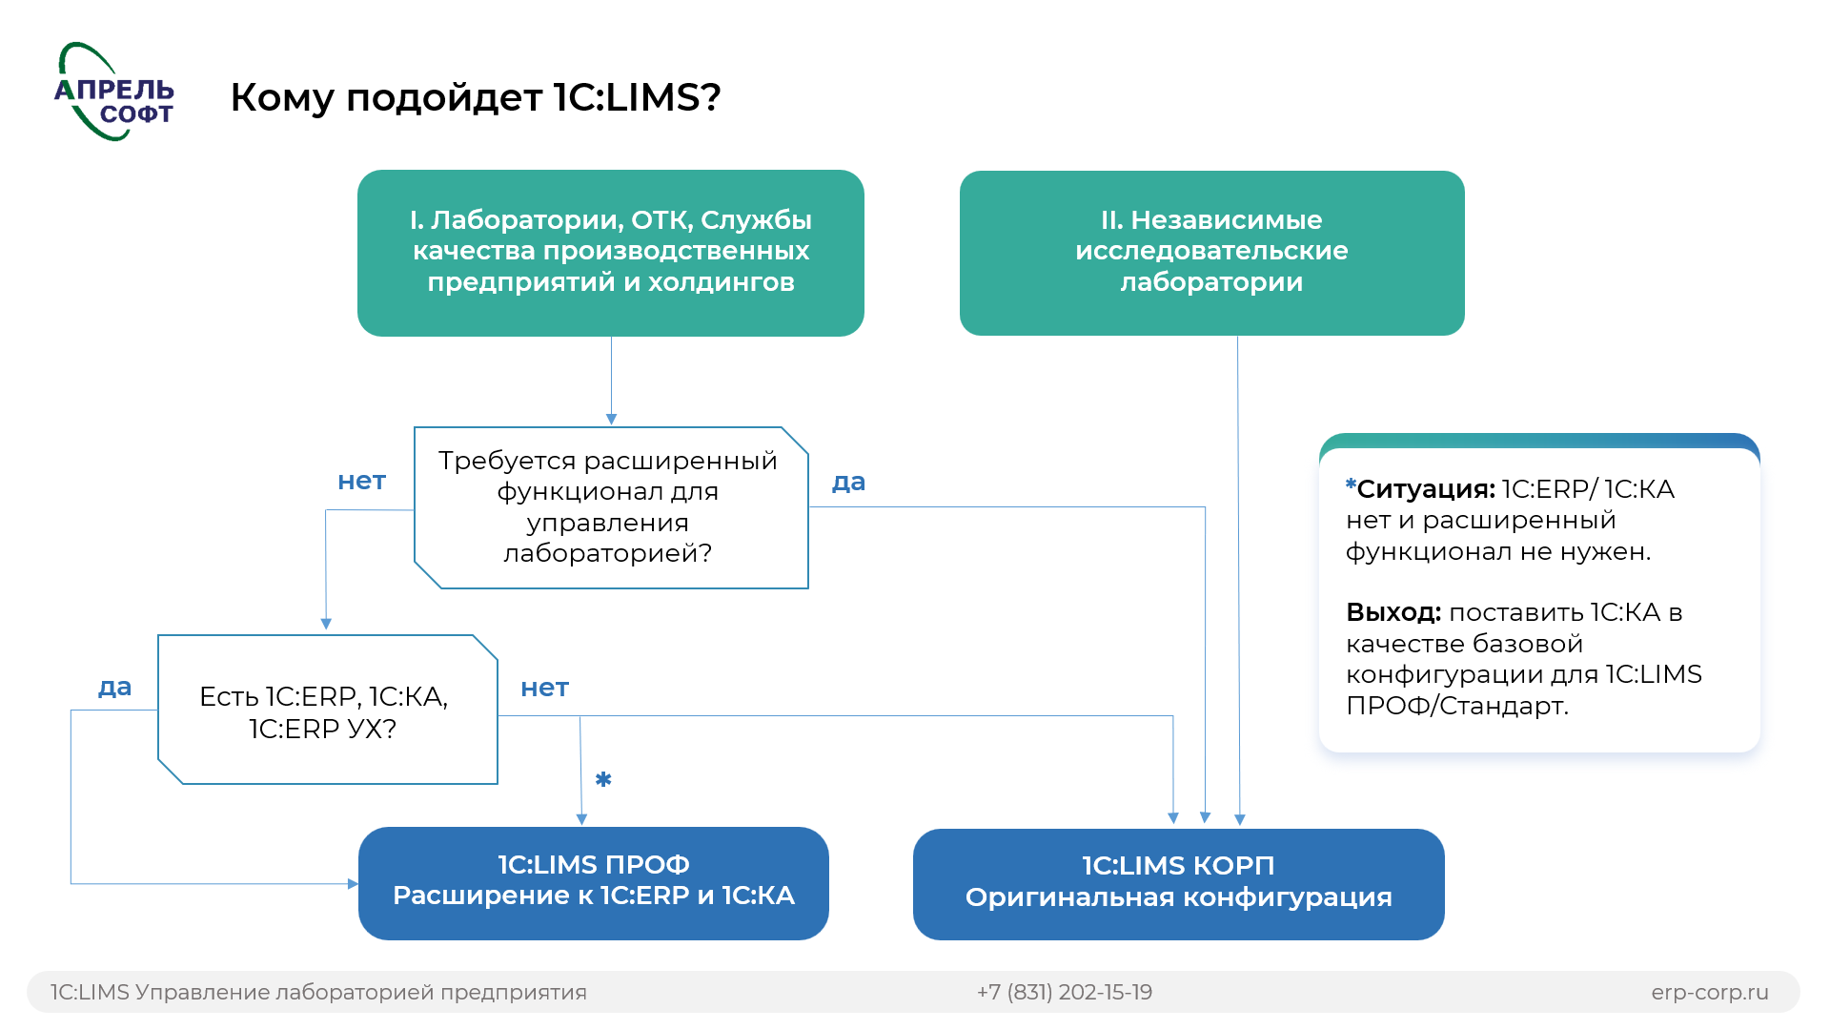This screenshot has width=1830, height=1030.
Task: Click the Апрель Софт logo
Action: point(114,93)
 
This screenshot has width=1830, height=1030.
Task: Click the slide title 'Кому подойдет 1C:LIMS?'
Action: point(475,97)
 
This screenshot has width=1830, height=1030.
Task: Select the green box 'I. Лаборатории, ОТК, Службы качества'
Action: point(610,252)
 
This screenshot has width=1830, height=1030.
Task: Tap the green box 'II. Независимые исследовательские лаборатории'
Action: point(1211,252)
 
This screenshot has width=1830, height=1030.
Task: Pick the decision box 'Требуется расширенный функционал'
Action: point(610,507)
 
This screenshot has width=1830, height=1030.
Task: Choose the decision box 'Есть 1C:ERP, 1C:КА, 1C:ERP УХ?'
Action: point(326,711)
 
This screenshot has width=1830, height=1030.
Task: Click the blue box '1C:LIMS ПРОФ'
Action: point(593,882)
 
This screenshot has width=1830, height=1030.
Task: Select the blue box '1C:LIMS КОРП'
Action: point(1178,883)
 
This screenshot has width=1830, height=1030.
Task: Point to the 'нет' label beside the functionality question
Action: point(361,482)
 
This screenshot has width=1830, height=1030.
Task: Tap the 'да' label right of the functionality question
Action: point(848,483)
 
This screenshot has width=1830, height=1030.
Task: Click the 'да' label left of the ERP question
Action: point(114,688)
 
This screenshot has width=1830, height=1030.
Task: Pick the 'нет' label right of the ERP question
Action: point(544,689)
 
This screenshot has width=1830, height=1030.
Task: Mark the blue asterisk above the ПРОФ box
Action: point(603,779)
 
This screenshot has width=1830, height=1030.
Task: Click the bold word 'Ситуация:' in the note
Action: point(1425,489)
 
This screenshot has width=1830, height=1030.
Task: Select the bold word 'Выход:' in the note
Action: point(1393,612)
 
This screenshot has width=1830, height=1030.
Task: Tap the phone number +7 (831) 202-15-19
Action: point(1064,992)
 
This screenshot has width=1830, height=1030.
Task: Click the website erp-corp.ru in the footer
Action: point(1709,992)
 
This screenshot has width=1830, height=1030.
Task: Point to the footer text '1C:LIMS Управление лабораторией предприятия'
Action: point(318,992)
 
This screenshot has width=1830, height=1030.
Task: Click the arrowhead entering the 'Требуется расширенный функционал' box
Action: point(611,420)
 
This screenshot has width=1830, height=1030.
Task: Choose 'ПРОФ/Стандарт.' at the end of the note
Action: point(1456,706)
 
